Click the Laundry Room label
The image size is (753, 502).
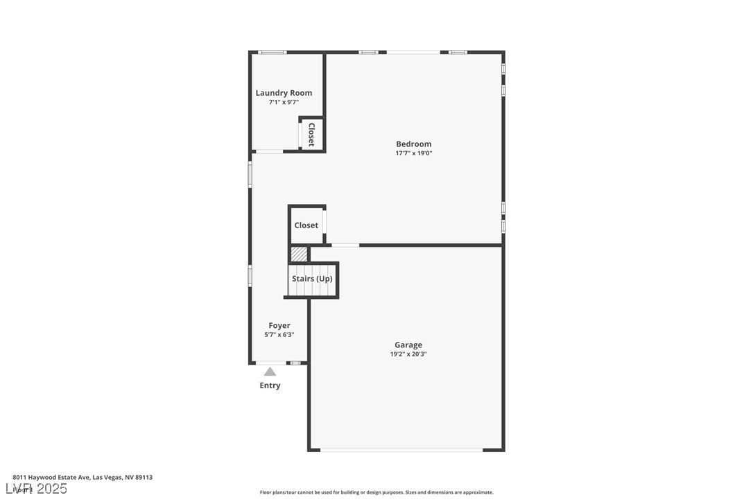pos(284,93)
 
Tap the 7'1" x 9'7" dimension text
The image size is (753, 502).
pos(284,103)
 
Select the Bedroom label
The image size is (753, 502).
pos(413,144)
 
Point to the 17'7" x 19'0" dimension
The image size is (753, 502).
pos(413,153)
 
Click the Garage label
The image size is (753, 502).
pos(408,345)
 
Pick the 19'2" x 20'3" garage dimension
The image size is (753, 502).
pos(408,354)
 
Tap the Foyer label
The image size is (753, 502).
pos(279,325)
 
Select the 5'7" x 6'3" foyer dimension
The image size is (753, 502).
pos(279,335)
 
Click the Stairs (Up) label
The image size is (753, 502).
pos(312,279)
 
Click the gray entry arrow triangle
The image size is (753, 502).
pos(270,372)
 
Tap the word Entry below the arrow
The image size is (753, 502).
pos(270,386)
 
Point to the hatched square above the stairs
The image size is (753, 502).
pos(299,254)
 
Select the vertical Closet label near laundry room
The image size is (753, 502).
pos(311,135)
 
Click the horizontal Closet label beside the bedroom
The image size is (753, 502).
pos(306,225)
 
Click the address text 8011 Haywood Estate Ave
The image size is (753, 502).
pos(83,477)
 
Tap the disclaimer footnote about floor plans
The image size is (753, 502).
pos(376,492)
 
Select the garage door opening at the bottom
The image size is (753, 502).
pos(401,450)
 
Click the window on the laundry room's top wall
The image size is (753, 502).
pos(272,52)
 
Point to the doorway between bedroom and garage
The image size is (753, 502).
pos(345,245)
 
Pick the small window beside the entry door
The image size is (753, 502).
pos(295,363)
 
